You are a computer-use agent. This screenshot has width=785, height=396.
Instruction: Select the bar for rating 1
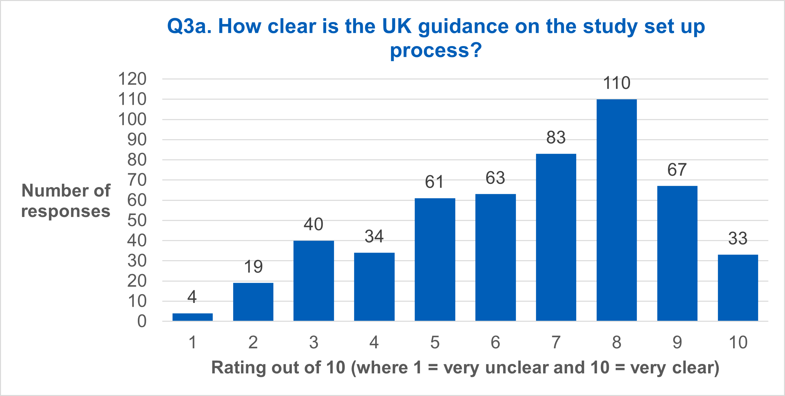[192, 317]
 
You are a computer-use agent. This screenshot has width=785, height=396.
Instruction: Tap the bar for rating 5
[435, 259]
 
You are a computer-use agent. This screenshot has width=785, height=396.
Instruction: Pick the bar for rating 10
[738, 288]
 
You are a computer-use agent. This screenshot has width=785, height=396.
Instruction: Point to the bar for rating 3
[314, 281]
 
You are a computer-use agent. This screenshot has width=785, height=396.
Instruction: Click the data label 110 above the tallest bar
[616, 83]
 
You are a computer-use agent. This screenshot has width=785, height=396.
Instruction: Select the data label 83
[556, 138]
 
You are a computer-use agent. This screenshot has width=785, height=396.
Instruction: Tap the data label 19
[253, 267]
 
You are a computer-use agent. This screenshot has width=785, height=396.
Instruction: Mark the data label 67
[677, 170]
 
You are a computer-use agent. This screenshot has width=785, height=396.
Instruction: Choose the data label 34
[374, 236]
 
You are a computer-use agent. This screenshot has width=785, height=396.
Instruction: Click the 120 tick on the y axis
[132, 79]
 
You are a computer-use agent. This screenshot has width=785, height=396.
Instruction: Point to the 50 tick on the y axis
[137, 221]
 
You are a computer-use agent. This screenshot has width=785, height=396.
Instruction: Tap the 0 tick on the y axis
[142, 321]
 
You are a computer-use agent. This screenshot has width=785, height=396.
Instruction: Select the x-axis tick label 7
[556, 342]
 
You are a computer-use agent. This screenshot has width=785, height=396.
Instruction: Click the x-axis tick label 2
[253, 342]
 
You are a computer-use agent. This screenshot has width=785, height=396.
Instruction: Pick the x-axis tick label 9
[677, 342]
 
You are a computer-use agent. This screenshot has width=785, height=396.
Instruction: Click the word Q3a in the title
[189, 27]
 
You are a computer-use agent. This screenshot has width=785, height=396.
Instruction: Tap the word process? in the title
[436, 51]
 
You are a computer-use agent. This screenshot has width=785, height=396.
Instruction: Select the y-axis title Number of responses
[66, 200]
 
